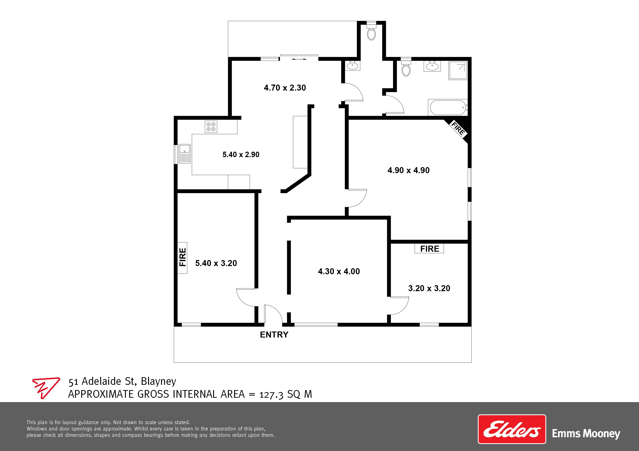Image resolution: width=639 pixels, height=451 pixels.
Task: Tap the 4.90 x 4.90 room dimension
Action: click(409, 170)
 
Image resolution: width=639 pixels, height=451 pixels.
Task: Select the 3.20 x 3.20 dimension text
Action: click(429, 288)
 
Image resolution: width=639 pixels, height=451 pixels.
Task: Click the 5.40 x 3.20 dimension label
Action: click(216, 263)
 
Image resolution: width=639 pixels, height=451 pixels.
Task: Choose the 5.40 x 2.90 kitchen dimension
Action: click(241, 155)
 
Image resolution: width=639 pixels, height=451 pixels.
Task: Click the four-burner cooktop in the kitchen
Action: click(211, 127)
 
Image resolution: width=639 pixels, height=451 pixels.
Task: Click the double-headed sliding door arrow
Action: click(299, 59)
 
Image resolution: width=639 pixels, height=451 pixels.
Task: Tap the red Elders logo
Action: click(512, 433)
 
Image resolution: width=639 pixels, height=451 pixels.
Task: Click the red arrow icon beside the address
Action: click(46, 388)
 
